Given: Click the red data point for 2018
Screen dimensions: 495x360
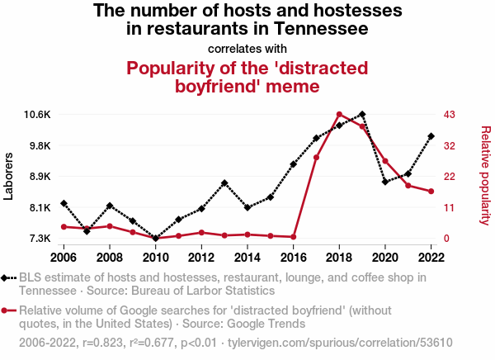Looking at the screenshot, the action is [x=339, y=115].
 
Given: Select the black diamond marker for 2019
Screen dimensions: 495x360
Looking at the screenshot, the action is [x=362, y=114].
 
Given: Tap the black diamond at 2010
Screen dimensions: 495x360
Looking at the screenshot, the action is [x=155, y=238].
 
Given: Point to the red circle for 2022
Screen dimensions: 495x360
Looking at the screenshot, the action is [x=431, y=192].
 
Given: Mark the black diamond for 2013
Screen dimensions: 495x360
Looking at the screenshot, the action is [x=224, y=183].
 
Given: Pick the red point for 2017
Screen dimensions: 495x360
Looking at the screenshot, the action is [x=316, y=158].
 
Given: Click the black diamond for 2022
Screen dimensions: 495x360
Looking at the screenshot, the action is [x=431, y=136].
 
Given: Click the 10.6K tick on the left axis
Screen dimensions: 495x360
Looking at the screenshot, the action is [x=37, y=115].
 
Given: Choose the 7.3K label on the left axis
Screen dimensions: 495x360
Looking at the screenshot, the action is [x=40, y=239].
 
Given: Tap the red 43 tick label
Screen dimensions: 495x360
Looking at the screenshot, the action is [x=450, y=115].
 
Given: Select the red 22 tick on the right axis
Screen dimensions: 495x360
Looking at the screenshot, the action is [x=450, y=177].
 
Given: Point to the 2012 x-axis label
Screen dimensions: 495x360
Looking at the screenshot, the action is [x=201, y=258].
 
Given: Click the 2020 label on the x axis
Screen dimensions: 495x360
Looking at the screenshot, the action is [x=385, y=258].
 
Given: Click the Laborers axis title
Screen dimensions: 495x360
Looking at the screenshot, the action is [x=8, y=176].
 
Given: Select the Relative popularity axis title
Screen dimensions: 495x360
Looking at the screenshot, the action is [x=486, y=176].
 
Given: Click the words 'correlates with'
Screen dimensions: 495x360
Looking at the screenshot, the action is [x=247, y=49].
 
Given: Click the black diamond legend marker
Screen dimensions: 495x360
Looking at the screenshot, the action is [x=4, y=277].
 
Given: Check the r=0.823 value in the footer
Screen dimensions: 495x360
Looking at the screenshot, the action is [x=102, y=343].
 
